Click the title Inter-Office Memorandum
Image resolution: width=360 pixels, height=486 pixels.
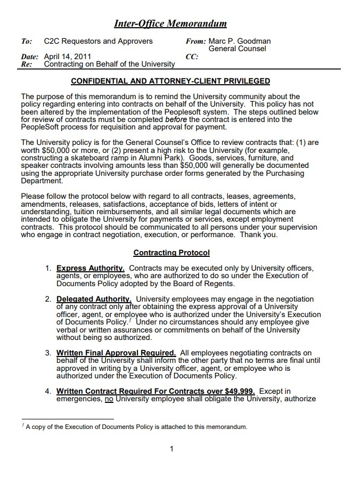[170, 23]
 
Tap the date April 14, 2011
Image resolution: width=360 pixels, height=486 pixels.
[68, 56]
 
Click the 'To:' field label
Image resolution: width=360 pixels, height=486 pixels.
[26, 41]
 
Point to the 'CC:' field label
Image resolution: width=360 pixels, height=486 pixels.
[192, 56]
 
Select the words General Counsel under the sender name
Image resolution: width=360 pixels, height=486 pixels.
[237, 48]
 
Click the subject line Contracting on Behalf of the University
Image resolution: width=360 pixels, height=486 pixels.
[109, 64]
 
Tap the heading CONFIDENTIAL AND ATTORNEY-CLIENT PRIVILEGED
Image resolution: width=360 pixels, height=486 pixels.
[170, 81]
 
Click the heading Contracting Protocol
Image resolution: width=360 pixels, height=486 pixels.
[171, 253]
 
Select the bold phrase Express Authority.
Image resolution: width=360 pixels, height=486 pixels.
[91, 268]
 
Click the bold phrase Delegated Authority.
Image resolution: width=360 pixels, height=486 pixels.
[94, 299]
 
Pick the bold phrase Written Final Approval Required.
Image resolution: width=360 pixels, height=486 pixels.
[116, 353]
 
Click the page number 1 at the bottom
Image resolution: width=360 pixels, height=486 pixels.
[171, 449]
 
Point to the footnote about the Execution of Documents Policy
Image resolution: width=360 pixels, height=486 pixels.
[136, 427]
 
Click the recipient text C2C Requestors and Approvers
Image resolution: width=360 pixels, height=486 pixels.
[98, 41]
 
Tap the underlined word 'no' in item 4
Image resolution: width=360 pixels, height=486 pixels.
[109, 399]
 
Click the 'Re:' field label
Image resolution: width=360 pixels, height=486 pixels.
[26, 64]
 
